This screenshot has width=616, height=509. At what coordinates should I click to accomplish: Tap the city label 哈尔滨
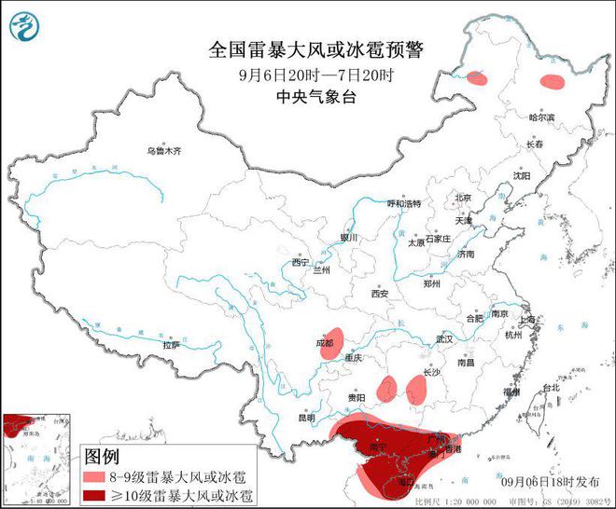click(x=542, y=117)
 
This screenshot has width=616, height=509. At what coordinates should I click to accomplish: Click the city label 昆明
click(x=308, y=417)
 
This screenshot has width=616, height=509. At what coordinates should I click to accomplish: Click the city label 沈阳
click(x=521, y=175)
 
